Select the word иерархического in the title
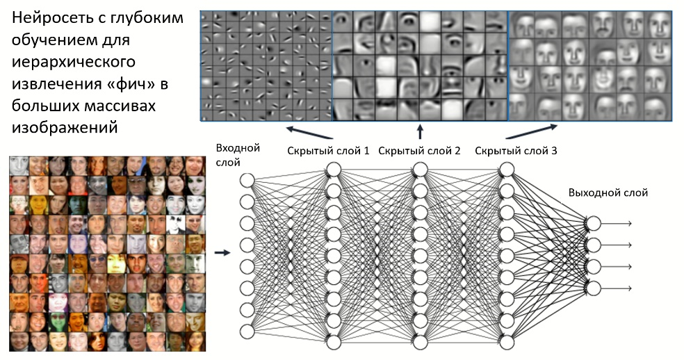[x=72, y=63]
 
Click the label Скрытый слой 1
[x=328, y=150]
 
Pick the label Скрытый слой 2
[x=419, y=150]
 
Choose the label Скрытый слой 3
[x=516, y=150]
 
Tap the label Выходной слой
[x=608, y=193]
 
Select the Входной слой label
[x=238, y=154]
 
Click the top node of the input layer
[x=247, y=180]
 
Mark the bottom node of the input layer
[x=247, y=329]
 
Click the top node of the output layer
[x=593, y=223]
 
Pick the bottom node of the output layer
[x=593, y=288]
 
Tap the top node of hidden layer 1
[x=333, y=170]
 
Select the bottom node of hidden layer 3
[x=506, y=342]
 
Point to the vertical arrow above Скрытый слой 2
[x=420, y=131]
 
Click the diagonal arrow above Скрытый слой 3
[x=531, y=131]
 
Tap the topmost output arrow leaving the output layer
[x=617, y=223]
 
